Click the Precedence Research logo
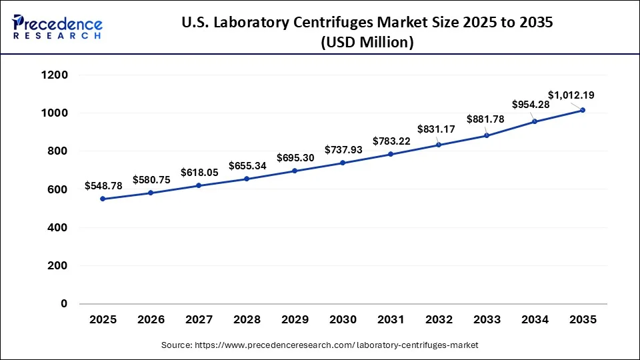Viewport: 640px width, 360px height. [x=57, y=27]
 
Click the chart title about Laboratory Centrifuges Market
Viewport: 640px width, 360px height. [x=367, y=33]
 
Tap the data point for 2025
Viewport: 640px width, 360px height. [x=103, y=199]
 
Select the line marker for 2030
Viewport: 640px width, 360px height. [x=343, y=163]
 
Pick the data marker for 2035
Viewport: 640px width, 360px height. [x=583, y=110]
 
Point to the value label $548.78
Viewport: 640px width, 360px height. [x=103, y=186]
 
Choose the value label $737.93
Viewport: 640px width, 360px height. [x=343, y=150]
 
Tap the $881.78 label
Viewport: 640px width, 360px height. [x=486, y=119]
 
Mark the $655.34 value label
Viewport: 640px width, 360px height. [x=247, y=165]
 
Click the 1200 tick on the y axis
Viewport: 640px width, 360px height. [x=55, y=75]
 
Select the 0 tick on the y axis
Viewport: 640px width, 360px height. [x=64, y=304]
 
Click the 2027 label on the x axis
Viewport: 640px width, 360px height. [x=199, y=320]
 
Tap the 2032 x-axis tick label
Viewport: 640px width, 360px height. [x=439, y=320]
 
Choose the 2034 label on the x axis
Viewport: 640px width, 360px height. [x=535, y=320]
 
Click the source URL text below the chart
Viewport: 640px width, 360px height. [x=320, y=345]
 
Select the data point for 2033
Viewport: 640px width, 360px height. [x=487, y=135]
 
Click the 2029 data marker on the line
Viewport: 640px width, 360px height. [x=295, y=171]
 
